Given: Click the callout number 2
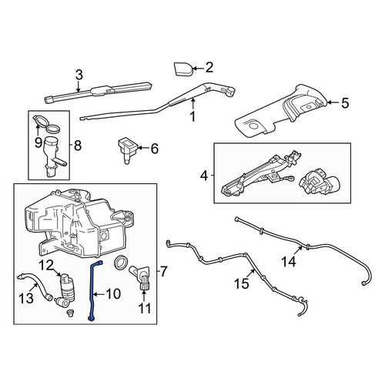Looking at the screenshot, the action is (x=209, y=68).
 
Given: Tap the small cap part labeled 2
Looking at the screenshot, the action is (x=183, y=69).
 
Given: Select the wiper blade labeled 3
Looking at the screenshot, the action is (x=99, y=92).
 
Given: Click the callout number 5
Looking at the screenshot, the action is (x=345, y=103).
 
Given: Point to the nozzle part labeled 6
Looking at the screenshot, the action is (x=127, y=150).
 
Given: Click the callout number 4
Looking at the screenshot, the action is (x=204, y=176).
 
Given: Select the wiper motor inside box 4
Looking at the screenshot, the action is (x=315, y=182).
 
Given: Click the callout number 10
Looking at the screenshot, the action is (x=113, y=294).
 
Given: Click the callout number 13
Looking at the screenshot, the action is (x=26, y=298).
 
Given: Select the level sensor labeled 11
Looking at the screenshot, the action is (x=142, y=279).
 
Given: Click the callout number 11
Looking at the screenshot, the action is (x=145, y=308).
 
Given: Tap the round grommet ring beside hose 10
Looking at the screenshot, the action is (x=122, y=263).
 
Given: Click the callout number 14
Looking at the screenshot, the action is (x=289, y=262).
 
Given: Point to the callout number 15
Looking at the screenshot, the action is (x=242, y=284).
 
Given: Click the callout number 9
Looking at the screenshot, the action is (x=38, y=142).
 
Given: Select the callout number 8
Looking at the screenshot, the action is (x=78, y=146).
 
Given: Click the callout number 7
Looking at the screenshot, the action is (x=163, y=272).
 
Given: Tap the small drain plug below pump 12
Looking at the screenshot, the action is (x=69, y=313).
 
